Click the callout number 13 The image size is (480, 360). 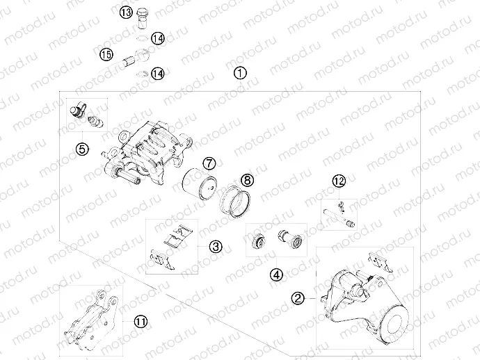point(125,12)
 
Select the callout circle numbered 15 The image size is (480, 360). point(106,54)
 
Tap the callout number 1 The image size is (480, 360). point(240,72)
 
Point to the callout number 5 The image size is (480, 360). point(81,149)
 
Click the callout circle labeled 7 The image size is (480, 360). point(208,163)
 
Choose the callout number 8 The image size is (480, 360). point(247,180)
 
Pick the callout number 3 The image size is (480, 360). point(216,246)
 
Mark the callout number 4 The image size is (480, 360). point(278,274)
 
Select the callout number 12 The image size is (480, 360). point(339,181)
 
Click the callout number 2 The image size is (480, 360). point(298,298)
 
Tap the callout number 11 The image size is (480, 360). point(141,321)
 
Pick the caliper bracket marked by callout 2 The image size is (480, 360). point(362,306)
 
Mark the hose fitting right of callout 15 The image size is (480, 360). point(134,57)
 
